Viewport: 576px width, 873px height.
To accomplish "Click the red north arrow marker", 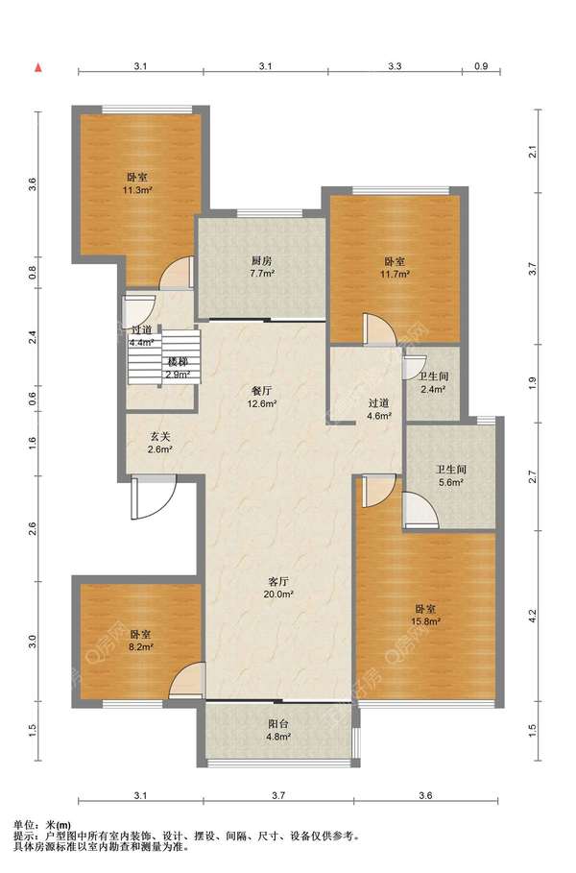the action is (38, 68).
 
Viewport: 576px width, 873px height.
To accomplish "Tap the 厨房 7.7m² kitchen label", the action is (262, 267).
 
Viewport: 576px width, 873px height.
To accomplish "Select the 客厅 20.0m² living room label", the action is (278, 588).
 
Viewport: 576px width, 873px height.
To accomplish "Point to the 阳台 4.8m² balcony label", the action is (278, 731).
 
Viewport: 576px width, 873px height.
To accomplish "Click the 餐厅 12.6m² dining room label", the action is (262, 397).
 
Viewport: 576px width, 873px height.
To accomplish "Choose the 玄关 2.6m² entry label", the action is (159, 443).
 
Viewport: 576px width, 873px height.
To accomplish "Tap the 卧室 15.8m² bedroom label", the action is (425, 616).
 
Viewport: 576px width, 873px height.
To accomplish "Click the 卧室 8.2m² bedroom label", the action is (141, 641).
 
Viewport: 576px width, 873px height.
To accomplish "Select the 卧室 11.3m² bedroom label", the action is (137, 183).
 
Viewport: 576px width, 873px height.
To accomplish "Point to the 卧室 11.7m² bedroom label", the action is (396, 267).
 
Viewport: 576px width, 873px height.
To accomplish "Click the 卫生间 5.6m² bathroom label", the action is (451, 476).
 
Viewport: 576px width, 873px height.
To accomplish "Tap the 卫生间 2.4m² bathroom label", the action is (433, 382).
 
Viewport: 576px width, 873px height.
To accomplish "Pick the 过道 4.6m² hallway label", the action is (378, 409).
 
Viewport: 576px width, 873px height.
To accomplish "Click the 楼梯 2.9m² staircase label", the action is (177, 368).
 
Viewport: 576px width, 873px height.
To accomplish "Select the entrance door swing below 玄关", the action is (154, 497).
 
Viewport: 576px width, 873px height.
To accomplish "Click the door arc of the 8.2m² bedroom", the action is (186, 680).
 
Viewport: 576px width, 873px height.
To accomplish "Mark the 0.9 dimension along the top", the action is (481, 66).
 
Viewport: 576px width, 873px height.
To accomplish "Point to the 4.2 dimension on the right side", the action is (533, 617).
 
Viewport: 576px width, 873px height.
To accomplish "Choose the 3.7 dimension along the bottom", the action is (278, 795).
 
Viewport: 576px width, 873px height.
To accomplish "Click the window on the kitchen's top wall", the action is (270, 213).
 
